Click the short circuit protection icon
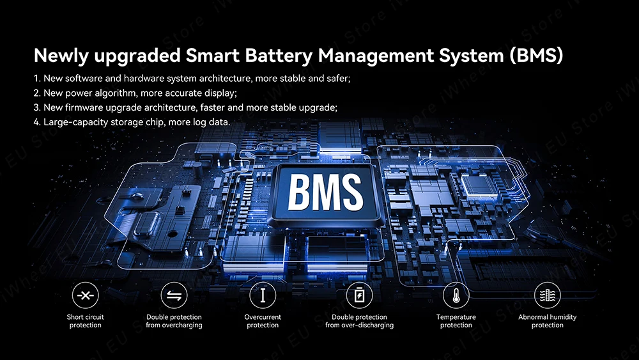tap(85, 295)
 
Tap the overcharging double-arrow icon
tap(174, 295)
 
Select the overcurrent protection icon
tap(263, 295)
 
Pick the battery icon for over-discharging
tap(359, 295)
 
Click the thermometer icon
tap(456, 295)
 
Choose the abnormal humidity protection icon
tap(547, 295)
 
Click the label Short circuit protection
tap(85, 321)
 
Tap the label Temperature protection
tap(456, 321)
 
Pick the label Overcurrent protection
tap(263, 321)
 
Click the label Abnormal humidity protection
tap(547, 321)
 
